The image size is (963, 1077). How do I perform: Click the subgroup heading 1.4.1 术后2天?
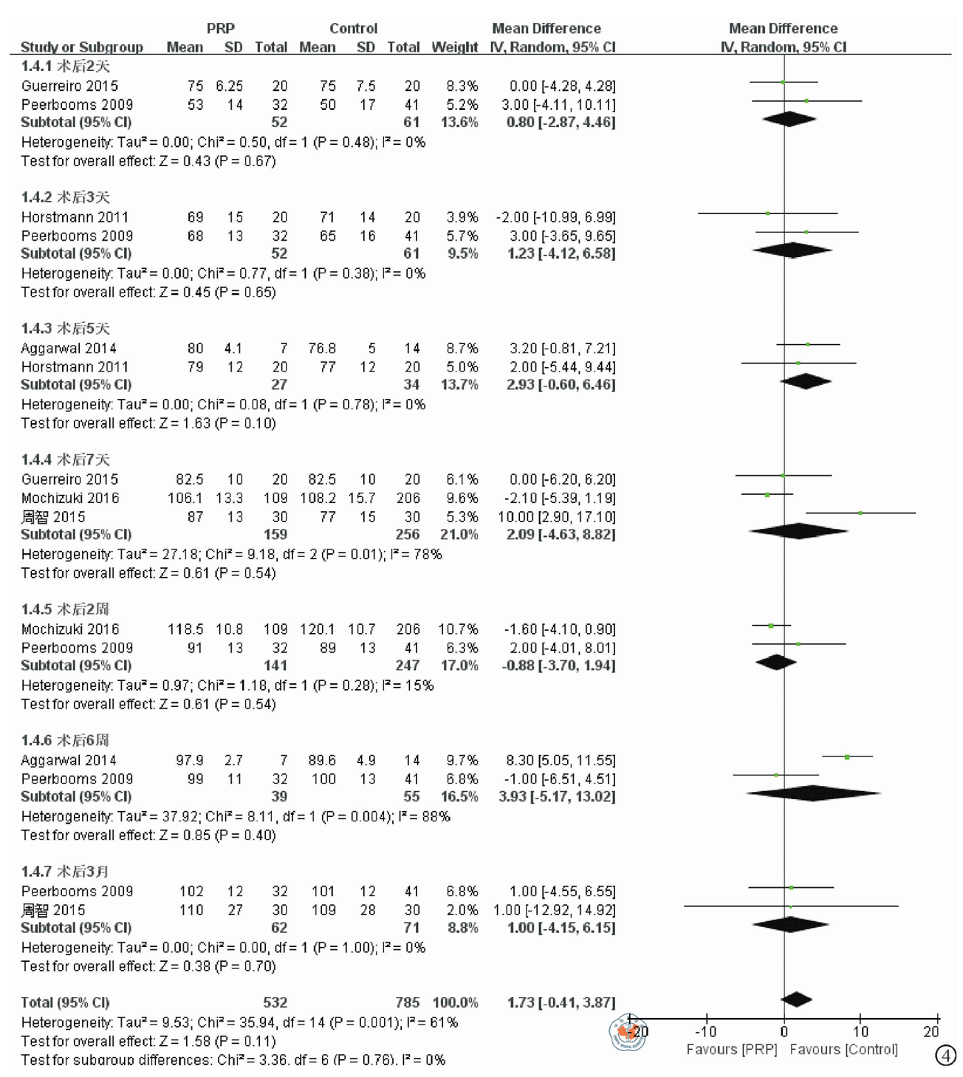coord(66,66)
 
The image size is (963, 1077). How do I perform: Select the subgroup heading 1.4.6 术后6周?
coord(65,740)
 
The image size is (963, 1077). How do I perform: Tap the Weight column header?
coord(455,47)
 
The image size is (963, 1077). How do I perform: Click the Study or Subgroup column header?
coord(82,47)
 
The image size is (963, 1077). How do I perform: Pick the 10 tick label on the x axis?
coord(860,1032)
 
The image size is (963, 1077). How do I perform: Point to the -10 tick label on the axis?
coord(705,1032)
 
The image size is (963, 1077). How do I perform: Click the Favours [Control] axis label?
coord(843,1050)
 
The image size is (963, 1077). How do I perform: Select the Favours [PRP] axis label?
coord(732,1050)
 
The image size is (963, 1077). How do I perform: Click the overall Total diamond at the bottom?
coord(796,999)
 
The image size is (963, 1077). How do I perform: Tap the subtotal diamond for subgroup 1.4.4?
coord(799,531)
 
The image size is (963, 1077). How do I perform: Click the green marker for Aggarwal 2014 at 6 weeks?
coord(847,757)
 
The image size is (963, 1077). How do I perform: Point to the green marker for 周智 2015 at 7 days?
coord(860,513)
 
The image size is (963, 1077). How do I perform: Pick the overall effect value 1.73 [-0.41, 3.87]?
coord(561,1002)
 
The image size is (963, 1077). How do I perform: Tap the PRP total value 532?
coord(275,1002)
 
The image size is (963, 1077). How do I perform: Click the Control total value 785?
coord(407,1002)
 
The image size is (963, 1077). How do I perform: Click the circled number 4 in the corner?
coord(945,1056)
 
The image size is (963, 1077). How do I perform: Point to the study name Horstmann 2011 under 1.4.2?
coord(75,217)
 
